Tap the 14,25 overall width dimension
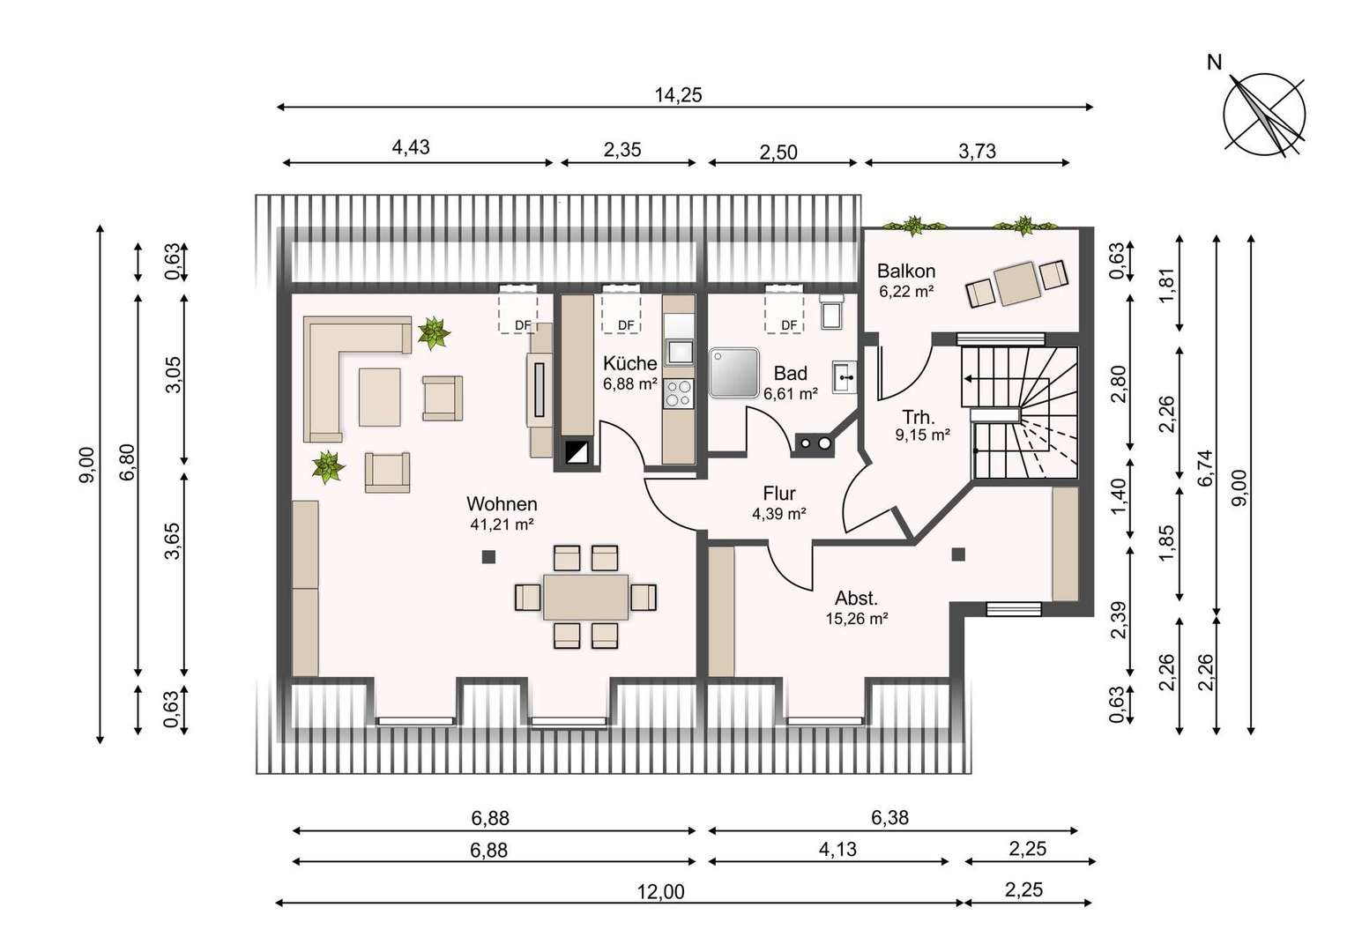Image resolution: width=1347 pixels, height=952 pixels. [x=678, y=95]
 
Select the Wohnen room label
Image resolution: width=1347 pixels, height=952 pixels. [x=502, y=503]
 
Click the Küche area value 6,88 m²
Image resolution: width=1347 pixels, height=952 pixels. [x=630, y=383]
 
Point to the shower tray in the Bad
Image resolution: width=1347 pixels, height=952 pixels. [x=733, y=373]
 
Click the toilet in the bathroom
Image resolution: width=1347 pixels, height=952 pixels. [x=832, y=312]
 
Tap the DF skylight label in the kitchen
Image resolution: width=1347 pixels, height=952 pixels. [x=626, y=325]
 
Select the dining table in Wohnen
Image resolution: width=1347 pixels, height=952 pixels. [x=585, y=597]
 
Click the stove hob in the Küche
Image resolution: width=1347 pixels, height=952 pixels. [x=678, y=393]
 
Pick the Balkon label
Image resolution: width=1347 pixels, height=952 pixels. [x=905, y=271]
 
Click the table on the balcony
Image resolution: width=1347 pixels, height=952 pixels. [x=1017, y=284]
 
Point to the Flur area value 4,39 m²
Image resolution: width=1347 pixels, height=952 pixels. [x=778, y=514]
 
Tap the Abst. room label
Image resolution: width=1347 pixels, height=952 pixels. [x=856, y=599]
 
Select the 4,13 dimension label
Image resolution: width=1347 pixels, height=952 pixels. [x=837, y=850]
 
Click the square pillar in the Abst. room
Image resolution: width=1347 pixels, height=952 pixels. [x=958, y=554]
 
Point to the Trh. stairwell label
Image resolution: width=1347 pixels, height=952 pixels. [x=919, y=417]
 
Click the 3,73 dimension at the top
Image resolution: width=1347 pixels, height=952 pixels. [x=977, y=151]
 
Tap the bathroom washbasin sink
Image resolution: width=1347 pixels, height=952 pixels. [x=845, y=377]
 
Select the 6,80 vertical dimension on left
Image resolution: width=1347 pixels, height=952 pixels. [x=128, y=463]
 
